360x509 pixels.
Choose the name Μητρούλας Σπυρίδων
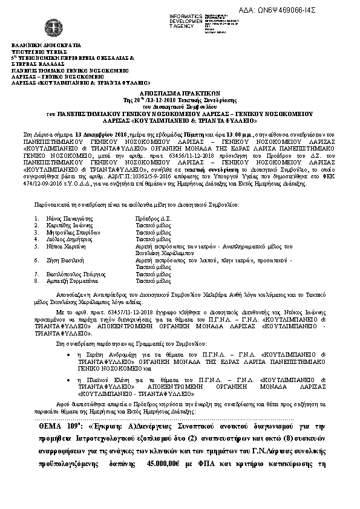pyautogui.click(x=67, y=232)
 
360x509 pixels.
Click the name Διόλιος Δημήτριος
pyautogui.click(x=65, y=238)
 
